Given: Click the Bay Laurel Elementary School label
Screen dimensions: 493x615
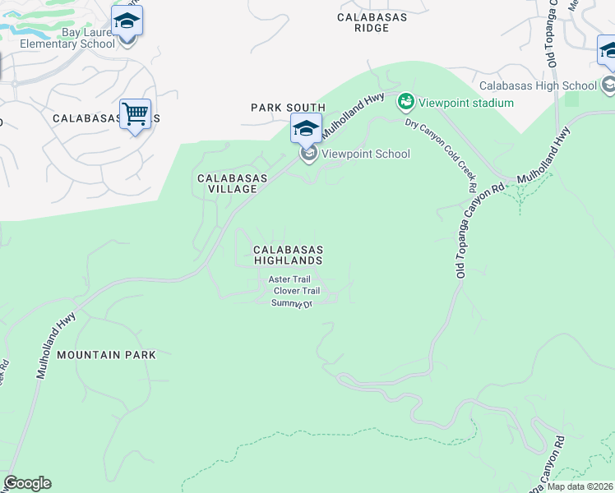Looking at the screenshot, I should tap(67, 39).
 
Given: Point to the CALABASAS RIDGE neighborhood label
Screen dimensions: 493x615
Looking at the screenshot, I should tap(374, 21).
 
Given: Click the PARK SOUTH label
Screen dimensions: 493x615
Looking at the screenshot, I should tap(288, 108).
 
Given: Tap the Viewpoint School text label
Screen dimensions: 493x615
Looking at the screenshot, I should tap(365, 154).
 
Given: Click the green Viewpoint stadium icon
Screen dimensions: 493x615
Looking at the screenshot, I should tap(405, 103).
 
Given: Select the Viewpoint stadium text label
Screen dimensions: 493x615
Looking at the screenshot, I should tap(466, 103).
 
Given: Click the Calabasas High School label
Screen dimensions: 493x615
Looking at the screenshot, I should tap(538, 85).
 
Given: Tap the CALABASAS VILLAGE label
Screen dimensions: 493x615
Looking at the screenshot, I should tap(226, 183).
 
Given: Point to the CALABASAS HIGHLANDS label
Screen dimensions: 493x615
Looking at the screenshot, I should tap(287, 254).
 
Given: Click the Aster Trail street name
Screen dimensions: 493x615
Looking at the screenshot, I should tap(289, 279).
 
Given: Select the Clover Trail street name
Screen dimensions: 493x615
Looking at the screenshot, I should tap(296, 291).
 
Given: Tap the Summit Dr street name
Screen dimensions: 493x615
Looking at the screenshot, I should tap(293, 303).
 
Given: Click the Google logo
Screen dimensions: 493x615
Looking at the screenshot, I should tap(27, 483).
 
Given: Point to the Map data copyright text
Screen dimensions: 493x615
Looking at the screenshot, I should tap(580, 486).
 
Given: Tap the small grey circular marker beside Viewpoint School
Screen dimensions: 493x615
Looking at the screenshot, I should tap(309, 154).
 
